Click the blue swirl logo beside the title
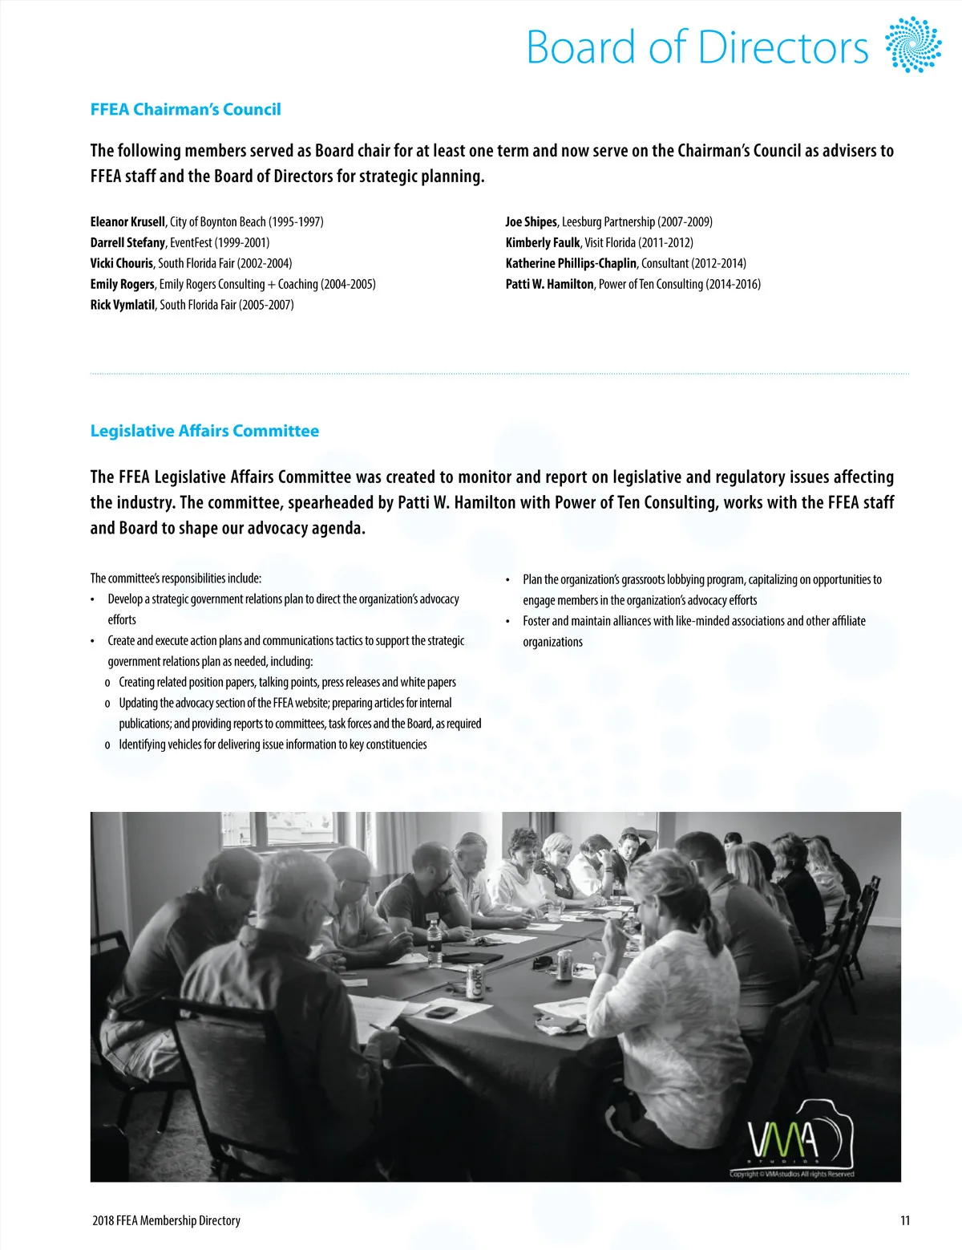tap(912, 44)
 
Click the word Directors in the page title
tap(783, 47)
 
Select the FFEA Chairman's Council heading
tap(185, 109)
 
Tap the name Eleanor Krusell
tap(127, 221)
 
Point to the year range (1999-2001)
tap(241, 242)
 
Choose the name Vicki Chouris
tap(122, 263)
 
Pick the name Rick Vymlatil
tap(123, 305)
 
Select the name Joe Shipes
tap(531, 221)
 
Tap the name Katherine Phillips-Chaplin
tap(571, 263)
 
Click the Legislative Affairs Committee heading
tap(204, 431)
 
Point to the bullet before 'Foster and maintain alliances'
tap(508, 622)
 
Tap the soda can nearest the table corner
tap(475, 983)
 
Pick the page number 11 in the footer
tap(905, 1220)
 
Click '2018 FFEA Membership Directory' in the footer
tap(166, 1220)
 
